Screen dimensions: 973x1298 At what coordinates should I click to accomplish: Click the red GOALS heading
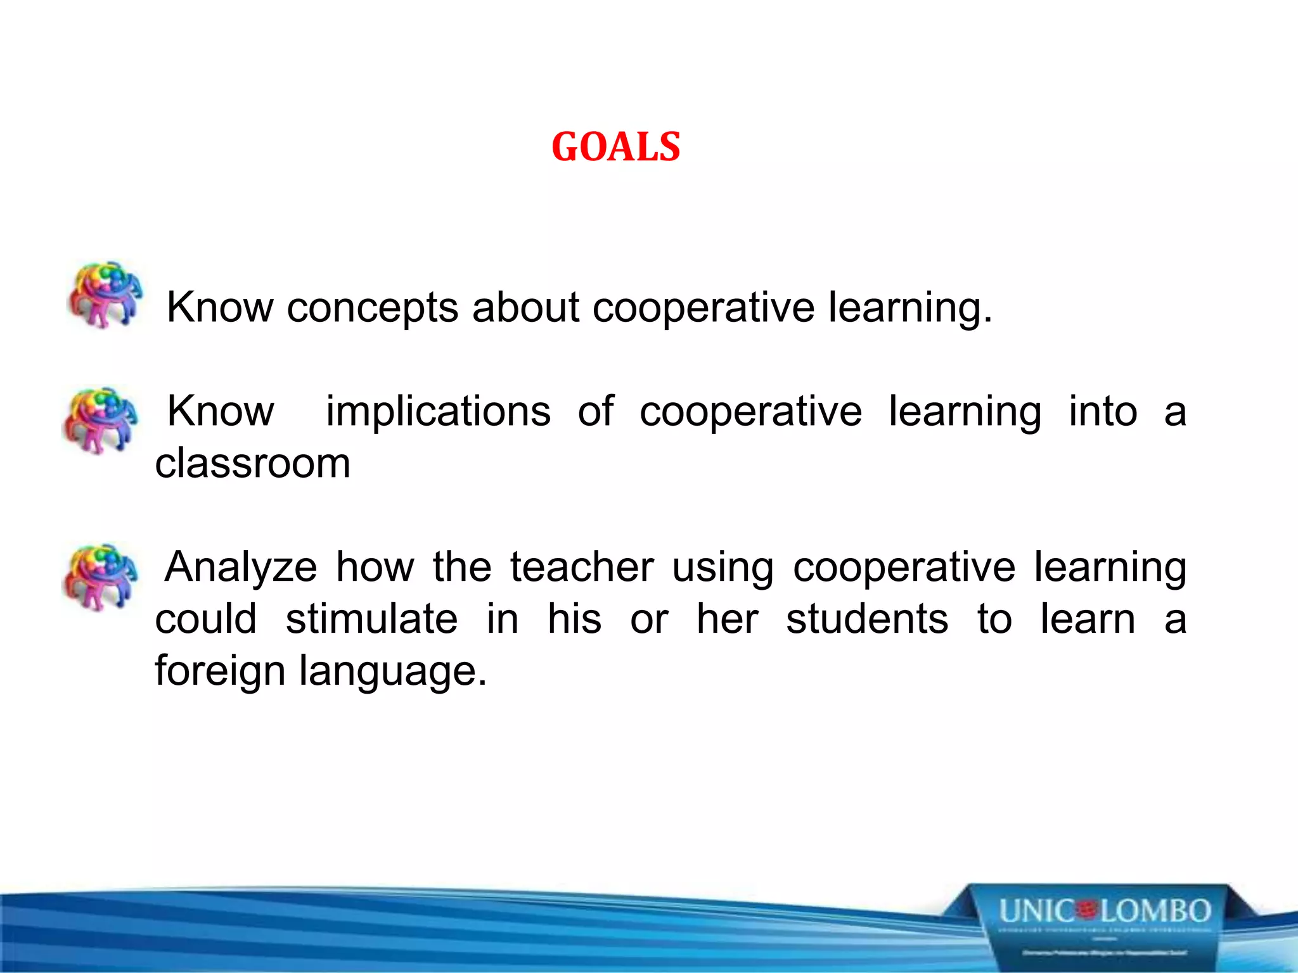pyautogui.click(x=615, y=147)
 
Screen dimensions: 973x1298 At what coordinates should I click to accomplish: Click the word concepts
pyautogui.click(x=372, y=308)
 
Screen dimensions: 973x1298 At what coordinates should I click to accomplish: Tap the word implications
pyautogui.click(x=438, y=412)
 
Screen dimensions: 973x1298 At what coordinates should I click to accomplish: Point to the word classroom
pyautogui.click(x=252, y=464)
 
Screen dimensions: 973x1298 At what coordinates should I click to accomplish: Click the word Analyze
pyautogui.click(x=241, y=567)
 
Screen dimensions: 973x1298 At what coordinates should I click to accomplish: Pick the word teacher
pyautogui.click(x=582, y=567)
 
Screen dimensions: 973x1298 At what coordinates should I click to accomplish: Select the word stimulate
pyautogui.click(x=371, y=619)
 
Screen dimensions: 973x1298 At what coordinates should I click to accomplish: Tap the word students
pyautogui.click(x=867, y=619)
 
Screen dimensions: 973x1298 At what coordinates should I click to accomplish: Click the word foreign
pyautogui.click(x=220, y=671)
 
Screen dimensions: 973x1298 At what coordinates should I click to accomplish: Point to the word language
pyautogui.click(x=393, y=671)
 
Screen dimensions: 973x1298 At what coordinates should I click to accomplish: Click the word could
pyautogui.click(x=206, y=619)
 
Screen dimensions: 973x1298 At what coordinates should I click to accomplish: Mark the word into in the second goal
pyautogui.click(x=1103, y=412)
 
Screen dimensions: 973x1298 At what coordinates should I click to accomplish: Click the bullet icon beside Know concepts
pyautogui.click(x=105, y=295)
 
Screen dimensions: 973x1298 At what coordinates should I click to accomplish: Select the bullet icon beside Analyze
pyautogui.click(x=100, y=576)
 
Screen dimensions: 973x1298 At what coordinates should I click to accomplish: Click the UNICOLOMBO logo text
pyautogui.click(x=1105, y=912)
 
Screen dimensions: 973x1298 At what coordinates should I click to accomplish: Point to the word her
pyautogui.click(x=727, y=619)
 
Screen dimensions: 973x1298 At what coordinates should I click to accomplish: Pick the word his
pyautogui.click(x=574, y=619)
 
